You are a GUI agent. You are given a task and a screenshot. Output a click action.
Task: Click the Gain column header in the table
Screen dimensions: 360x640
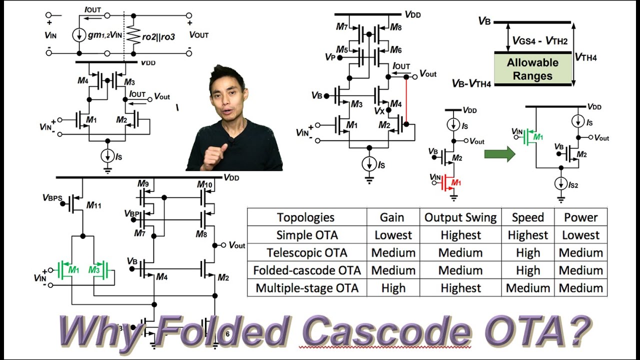click(x=393, y=217)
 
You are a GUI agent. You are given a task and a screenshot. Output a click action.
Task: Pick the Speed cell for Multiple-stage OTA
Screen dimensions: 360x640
click(x=527, y=288)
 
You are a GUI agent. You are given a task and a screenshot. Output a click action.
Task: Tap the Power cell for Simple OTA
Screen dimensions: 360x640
click(x=580, y=235)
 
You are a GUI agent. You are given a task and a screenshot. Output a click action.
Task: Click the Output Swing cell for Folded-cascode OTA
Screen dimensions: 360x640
click(x=460, y=270)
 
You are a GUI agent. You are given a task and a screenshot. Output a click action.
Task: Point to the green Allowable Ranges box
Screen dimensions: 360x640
click(x=532, y=69)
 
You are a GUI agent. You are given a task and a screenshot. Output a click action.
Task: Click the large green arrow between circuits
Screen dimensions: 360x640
click(x=499, y=153)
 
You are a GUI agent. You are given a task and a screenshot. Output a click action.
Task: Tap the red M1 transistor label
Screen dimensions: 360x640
click(x=455, y=183)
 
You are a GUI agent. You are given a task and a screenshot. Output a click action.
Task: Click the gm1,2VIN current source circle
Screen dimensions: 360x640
click(x=79, y=35)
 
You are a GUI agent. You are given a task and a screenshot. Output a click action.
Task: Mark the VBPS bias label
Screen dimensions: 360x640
click(x=52, y=198)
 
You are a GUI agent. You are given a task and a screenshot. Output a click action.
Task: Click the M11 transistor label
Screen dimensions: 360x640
click(x=93, y=205)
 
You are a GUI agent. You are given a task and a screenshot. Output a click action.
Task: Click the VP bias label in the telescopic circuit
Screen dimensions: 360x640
click(x=329, y=57)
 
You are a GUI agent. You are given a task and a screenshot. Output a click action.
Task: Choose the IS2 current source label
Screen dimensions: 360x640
click(x=572, y=185)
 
